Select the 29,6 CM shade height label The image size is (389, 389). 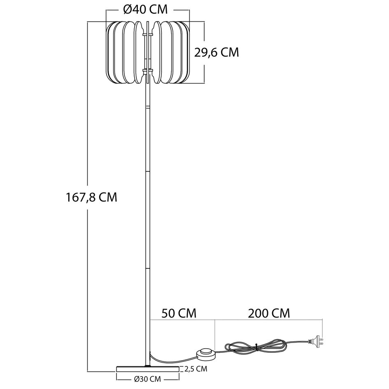point(217,52)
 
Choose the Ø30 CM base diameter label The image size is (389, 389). point(147,379)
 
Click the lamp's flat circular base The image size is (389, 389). point(147,368)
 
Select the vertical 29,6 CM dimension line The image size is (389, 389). point(205,52)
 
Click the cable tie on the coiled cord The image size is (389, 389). point(256,347)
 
